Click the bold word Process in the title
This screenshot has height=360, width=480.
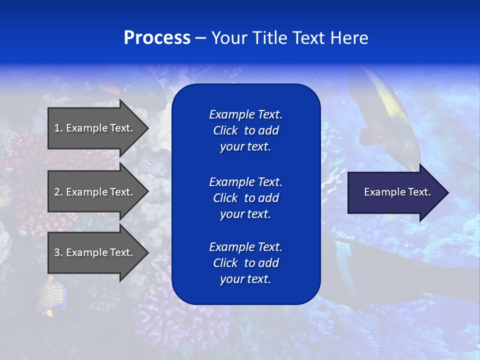point(157,38)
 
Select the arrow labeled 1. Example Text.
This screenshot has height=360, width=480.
point(95,128)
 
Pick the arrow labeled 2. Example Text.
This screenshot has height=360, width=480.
point(95,192)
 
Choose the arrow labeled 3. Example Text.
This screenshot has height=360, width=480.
point(95,252)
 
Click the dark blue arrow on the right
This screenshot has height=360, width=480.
point(395,192)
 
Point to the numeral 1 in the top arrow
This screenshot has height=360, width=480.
point(57,128)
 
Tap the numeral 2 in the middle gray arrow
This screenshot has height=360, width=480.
point(57,192)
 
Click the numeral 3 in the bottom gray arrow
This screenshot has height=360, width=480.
point(57,252)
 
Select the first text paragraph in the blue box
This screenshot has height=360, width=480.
point(245,130)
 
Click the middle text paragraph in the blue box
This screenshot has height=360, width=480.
point(245,198)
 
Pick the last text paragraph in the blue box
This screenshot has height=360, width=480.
point(245,263)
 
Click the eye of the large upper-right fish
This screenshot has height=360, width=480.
point(406,145)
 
